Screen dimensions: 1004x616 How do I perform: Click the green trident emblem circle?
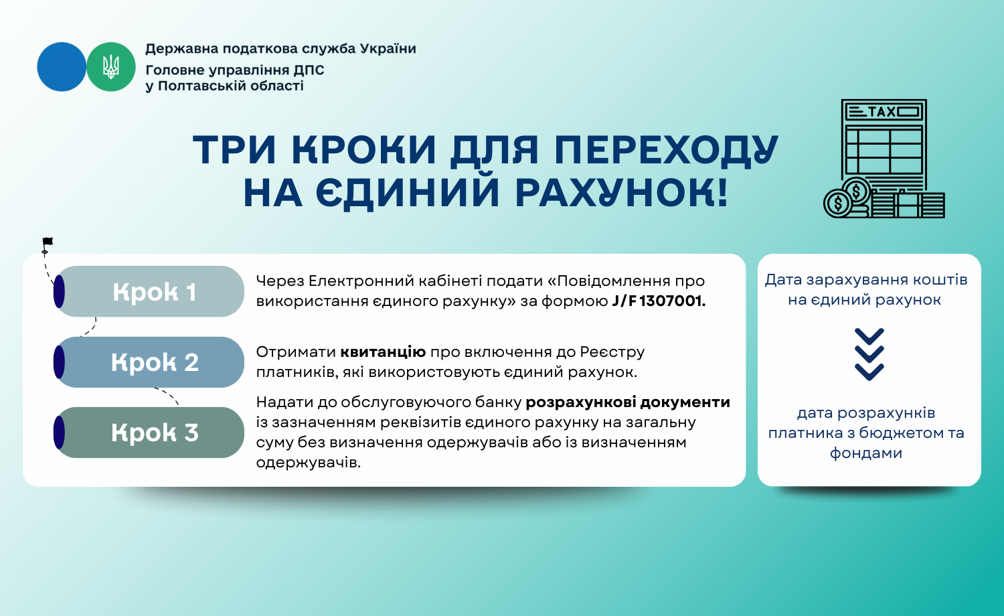110,67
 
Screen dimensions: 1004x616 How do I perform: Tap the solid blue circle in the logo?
62,67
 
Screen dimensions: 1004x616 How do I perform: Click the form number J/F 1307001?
659,301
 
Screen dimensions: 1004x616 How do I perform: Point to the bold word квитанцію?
383,352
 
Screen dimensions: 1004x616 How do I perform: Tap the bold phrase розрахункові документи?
628,402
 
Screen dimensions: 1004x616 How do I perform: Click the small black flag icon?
47,245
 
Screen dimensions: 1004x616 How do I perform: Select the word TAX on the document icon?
882,112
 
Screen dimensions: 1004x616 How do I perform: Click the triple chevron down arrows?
869,354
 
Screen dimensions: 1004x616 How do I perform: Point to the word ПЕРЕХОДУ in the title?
666,150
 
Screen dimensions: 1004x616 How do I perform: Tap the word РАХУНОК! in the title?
620,193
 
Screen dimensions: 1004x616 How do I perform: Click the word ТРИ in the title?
234,150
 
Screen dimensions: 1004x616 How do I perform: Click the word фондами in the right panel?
866,453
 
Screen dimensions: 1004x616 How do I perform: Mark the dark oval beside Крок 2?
59,362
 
